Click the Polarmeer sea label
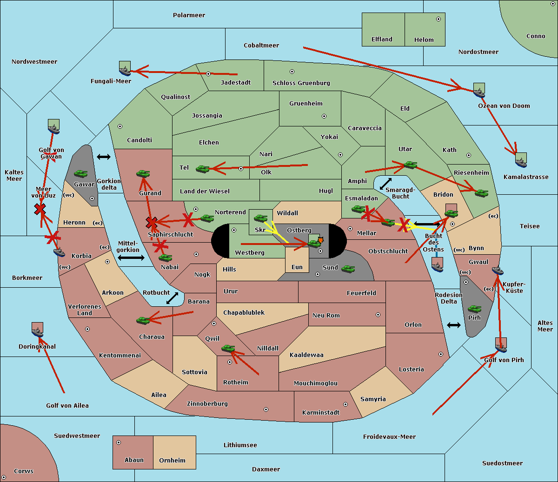pos(189,15)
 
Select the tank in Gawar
pos(81,174)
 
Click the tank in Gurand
pos(143,174)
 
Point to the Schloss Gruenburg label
pos(301,83)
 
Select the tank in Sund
pos(348,269)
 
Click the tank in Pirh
pos(474,309)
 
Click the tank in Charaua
pos(143,320)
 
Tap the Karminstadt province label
pos(321,413)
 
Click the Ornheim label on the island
pos(172,461)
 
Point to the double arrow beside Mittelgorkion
pos(131,258)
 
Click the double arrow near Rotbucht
pos(172,298)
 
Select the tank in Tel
pos(203,169)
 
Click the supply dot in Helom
pos(438,19)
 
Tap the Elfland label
pos(382,40)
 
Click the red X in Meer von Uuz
pos(40,209)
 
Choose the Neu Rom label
pos(326,316)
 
